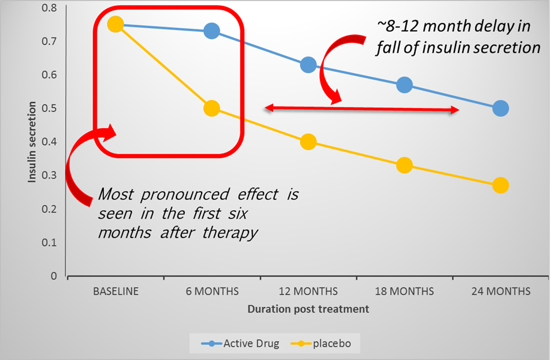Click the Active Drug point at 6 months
pos(211,31)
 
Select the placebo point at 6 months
pos(211,108)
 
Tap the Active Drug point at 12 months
pos(309,65)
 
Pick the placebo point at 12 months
pos(309,142)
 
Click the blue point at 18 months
pos(405,85)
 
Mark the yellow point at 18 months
pos(405,166)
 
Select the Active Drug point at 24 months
pos(501,108)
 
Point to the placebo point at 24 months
pos(501,185)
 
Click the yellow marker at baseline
pos(115,24)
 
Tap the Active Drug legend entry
pos(240,344)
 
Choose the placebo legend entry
pos(321,344)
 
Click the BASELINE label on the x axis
pos(116,292)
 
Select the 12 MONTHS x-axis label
pos(309,292)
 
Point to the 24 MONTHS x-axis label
pos(501,292)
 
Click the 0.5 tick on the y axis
pos(49,108)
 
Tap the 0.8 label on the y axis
pos(49,7)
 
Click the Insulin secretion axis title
pos(32,142)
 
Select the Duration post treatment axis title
pos(309,309)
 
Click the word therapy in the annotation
pos(230,233)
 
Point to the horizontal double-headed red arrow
pos(362,109)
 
